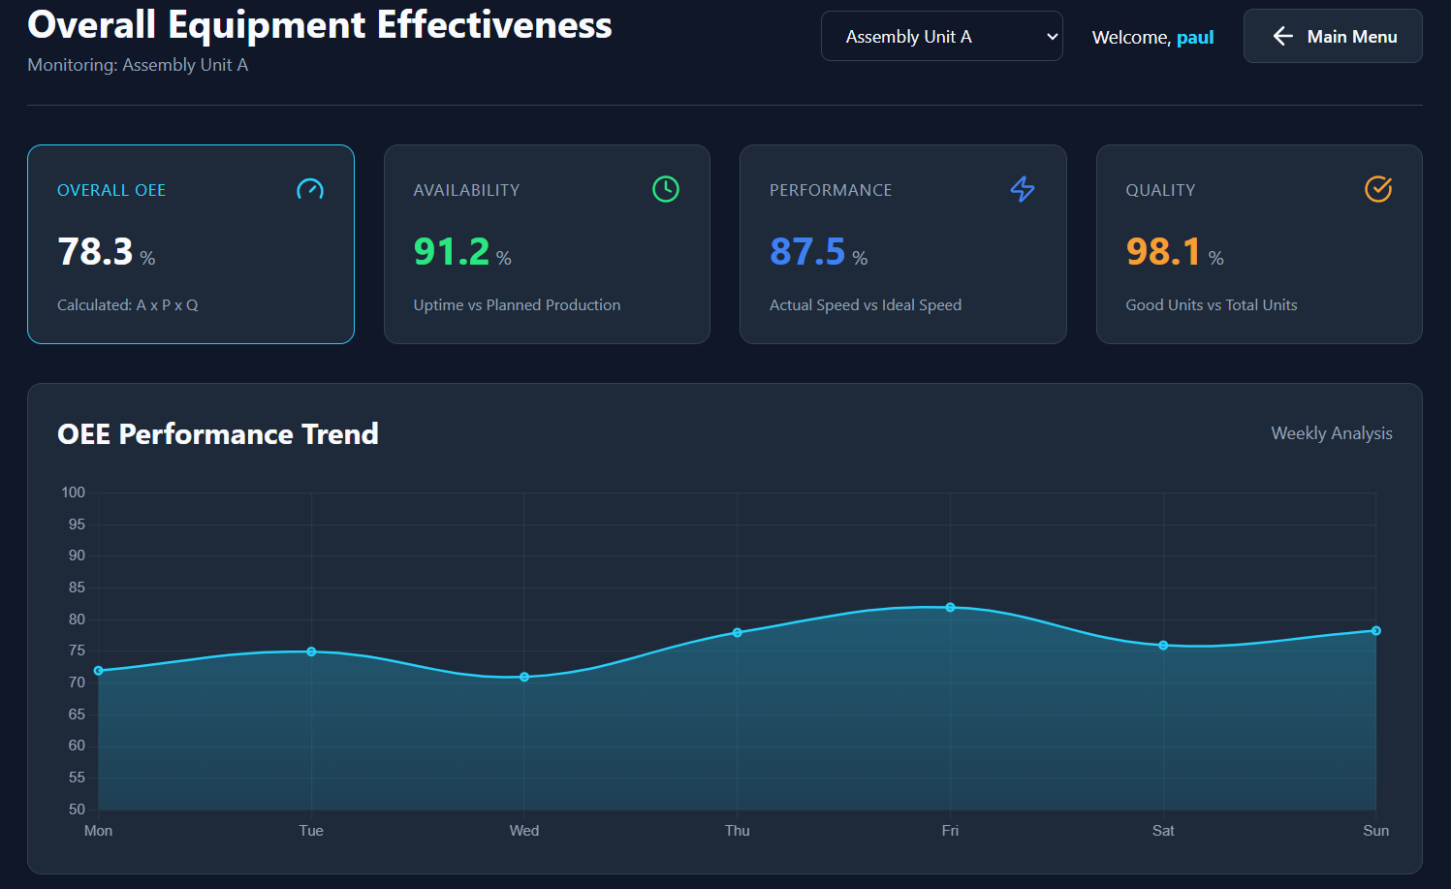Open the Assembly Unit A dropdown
pos(941,36)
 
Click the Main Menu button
pos(1333,36)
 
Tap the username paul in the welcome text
pos(1194,38)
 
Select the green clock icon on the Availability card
pos(665,189)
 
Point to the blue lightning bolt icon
pos(1023,189)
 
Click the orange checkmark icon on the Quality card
pos(1378,189)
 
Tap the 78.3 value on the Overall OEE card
pos(95,251)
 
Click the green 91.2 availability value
pos(452,251)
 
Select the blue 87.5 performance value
pos(807,251)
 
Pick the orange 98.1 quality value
pos(1163,251)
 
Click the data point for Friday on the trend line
pos(950,607)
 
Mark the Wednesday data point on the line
pos(524,677)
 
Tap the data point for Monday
pos(99,671)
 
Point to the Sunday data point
pos(1375,630)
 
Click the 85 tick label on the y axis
pos(77,587)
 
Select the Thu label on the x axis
pos(738,831)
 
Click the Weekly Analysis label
pos(1331,433)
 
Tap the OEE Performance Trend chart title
pos(218,434)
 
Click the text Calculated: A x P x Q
pos(128,305)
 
